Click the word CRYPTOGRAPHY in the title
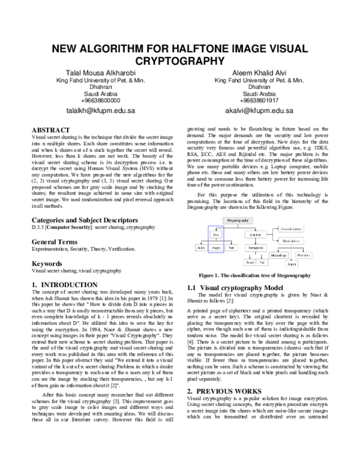coord(179,61)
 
